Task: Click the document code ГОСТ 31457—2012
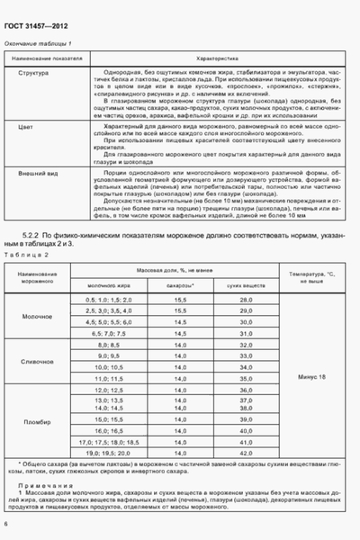click(38, 26)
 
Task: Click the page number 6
click(7, 524)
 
